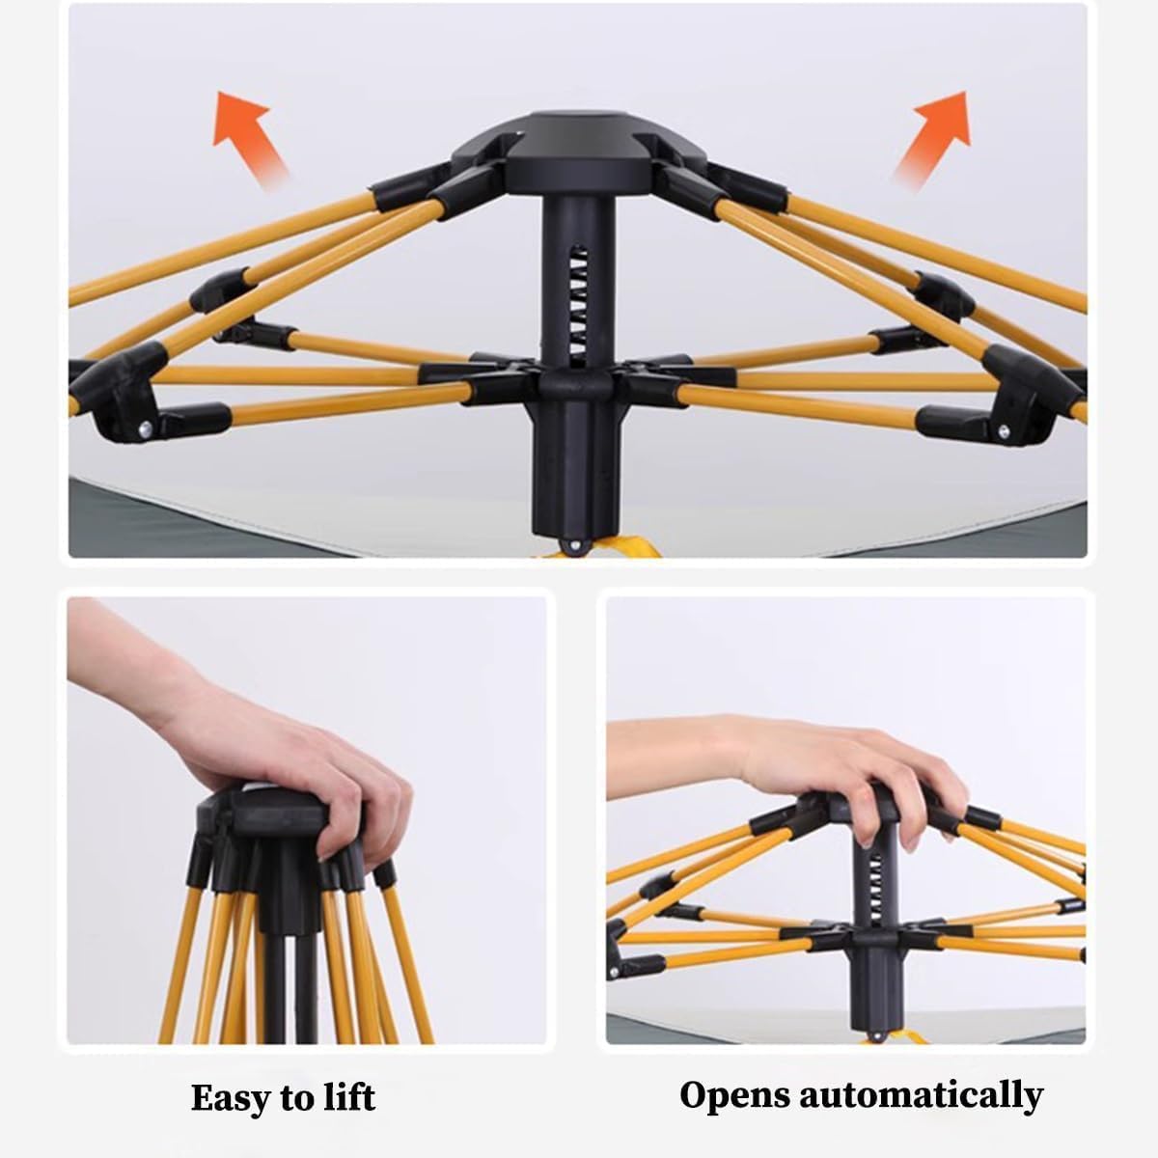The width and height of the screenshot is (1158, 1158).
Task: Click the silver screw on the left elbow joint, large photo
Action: [x=146, y=428]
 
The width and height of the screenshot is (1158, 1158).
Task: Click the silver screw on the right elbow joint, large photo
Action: [x=1003, y=430]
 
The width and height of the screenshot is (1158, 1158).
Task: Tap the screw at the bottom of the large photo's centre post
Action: [x=575, y=545]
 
